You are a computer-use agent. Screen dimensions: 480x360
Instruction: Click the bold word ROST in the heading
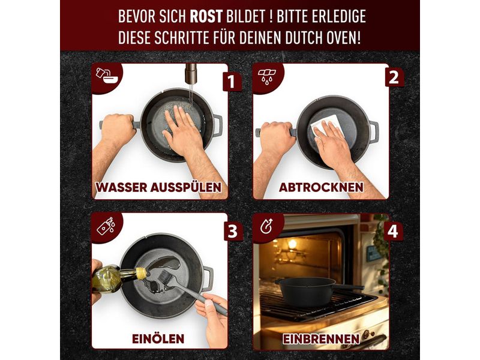206,16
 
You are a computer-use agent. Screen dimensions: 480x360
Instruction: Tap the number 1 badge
232,82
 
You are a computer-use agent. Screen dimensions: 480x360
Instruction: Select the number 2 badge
394,77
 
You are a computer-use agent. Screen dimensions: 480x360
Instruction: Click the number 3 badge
233,231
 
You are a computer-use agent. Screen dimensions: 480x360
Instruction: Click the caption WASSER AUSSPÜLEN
158,187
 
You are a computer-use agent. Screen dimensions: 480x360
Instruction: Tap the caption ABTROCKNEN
321,187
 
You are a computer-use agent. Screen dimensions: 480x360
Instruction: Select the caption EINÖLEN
158,338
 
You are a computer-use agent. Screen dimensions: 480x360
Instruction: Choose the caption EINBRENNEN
321,339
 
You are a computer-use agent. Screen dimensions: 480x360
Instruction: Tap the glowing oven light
292,244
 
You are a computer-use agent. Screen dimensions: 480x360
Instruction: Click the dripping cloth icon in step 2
267,77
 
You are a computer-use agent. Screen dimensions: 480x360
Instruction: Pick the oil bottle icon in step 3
106,226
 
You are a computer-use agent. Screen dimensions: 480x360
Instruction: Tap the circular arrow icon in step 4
266,227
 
